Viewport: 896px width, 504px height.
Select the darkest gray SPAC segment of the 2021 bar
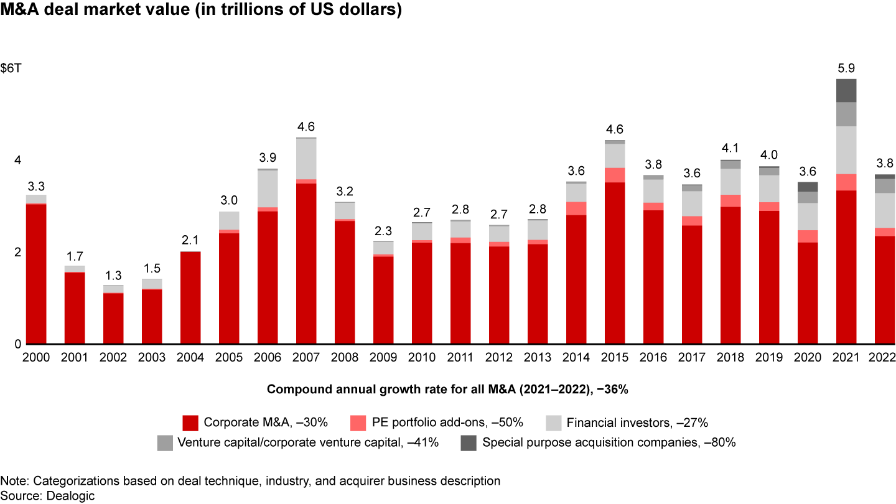(846, 90)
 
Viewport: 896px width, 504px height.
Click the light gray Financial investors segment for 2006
(268, 189)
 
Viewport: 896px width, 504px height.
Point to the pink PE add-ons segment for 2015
(615, 175)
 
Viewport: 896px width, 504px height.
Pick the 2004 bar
(191, 298)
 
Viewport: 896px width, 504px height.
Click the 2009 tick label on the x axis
(384, 358)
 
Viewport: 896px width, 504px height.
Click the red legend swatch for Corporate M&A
(190, 423)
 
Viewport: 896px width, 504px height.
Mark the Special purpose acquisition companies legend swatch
(468, 443)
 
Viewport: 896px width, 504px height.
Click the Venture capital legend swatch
(165, 443)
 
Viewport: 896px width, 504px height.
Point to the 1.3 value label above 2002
(114, 275)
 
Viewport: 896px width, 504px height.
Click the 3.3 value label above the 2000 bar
(36, 185)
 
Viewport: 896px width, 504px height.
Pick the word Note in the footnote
(11, 481)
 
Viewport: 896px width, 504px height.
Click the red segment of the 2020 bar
(808, 293)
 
